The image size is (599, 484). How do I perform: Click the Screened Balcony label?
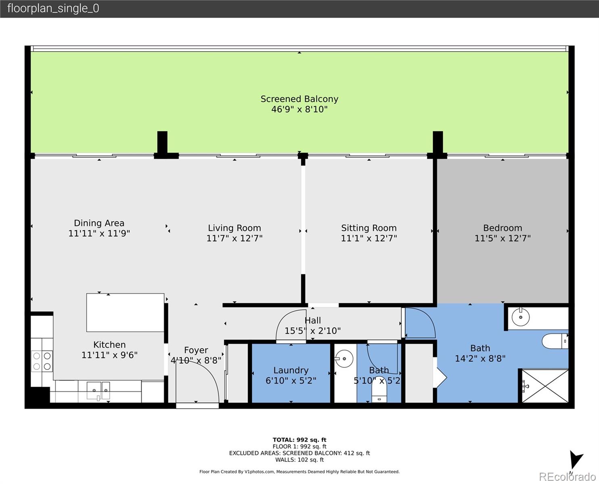pyautogui.click(x=299, y=99)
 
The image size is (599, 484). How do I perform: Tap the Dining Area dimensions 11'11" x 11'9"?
pyautogui.click(x=99, y=234)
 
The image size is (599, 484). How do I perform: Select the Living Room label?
pyautogui.click(x=234, y=228)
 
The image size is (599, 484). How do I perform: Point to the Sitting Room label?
pyautogui.click(x=369, y=228)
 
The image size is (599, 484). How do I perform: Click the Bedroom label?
pyautogui.click(x=502, y=228)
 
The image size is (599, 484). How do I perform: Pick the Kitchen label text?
pyautogui.click(x=109, y=345)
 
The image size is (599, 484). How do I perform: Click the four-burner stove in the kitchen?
pyautogui.click(x=42, y=361)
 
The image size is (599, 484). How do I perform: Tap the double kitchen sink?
pyautogui.click(x=98, y=390)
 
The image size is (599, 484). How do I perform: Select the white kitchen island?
pyautogui.click(x=125, y=313)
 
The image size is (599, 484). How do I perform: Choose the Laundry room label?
pyautogui.click(x=291, y=370)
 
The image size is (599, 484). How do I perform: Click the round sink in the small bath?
pyautogui.click(x=344, y=358)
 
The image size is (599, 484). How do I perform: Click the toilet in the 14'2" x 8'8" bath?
pyautogui.click(x=555, y=341)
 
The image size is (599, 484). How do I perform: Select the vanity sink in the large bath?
pyautogui.click(x=521, y=317)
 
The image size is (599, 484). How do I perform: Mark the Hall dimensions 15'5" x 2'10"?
pyautogui.click(x=312, y=331)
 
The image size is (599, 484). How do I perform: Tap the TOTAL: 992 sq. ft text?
pyautogui.click(x=299, y=440)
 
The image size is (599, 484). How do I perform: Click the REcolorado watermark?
pyautogui.click(x=566, y=477)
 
